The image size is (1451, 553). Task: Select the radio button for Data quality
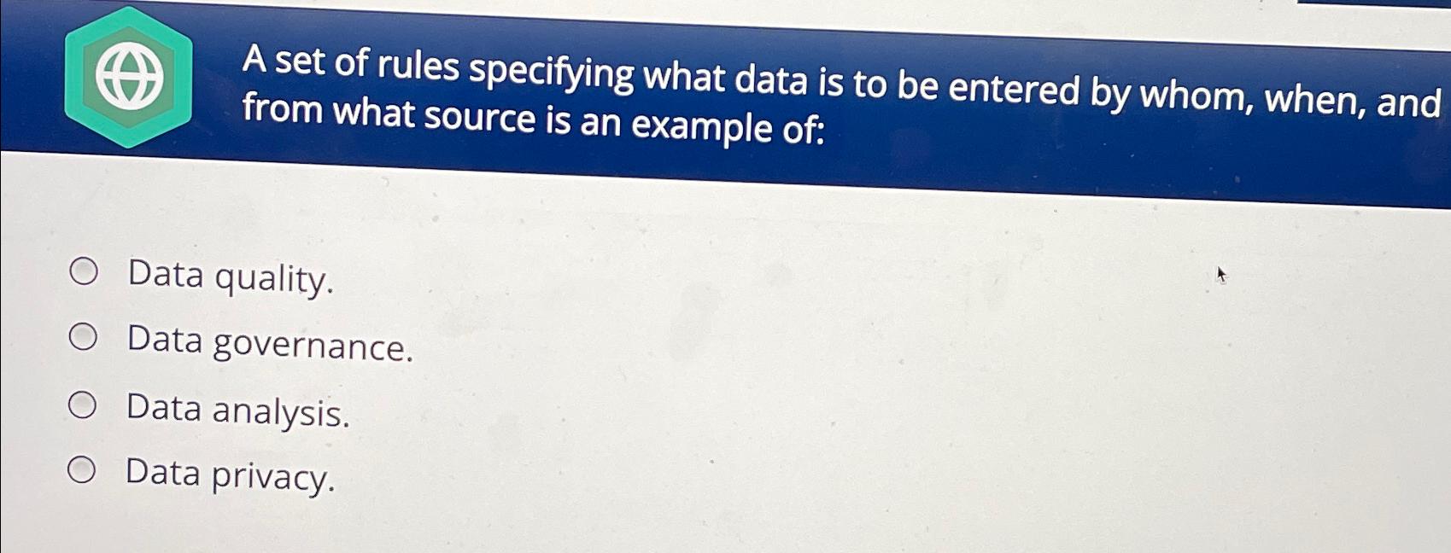[x=85, y=272]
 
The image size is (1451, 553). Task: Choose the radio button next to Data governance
[x=83, y=337]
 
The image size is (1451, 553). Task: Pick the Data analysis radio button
[x=82, y=405]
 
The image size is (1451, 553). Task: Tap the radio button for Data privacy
[x=82, y=471]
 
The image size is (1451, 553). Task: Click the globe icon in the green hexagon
[x=129, y=77]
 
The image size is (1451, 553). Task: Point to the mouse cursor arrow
[x=1221, y=275]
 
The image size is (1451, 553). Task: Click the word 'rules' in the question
[x=418, y=67]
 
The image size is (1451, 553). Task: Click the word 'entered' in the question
[x=1015, y=90]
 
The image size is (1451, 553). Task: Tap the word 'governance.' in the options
[x=313, y=346]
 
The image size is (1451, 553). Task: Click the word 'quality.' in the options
[x=274, y=279]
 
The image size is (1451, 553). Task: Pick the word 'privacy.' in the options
[x=272, y=478]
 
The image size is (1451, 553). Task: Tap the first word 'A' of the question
[x=255, y=61]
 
